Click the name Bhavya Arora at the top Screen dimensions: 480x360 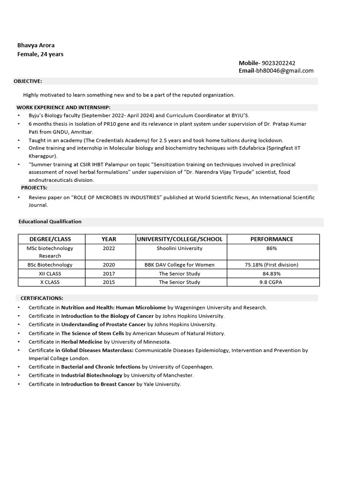click(x=36, y=45)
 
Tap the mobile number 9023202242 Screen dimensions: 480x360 click(x=278, y=63)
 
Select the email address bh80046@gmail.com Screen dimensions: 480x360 click(x=285, y=71)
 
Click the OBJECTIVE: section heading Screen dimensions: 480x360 click(x=28, y=81)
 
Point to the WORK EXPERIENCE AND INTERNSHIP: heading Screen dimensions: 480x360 click(x=63, y=107)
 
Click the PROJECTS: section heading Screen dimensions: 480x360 click(x=34, y=187)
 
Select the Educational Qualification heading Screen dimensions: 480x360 click(x=50, y=222)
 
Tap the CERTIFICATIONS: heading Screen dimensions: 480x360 click(x=42, y=298)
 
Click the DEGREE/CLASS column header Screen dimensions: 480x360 click(x=50, y=239)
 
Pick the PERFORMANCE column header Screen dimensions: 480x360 click(x=271, y=239)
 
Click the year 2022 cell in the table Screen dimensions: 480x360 click(x=109, y=248)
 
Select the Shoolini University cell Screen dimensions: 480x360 click(x=180, y=248)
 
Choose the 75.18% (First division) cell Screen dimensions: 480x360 click(x=271, y=265)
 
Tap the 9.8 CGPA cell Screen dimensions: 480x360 click(x=271, y=282)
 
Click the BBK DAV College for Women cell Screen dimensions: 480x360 click(x=180, y=265)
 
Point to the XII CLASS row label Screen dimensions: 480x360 click(x=50, y=274)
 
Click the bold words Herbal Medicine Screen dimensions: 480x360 click(x=82, y=342)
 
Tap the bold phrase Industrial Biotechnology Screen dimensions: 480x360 click(x=91, y=375)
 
